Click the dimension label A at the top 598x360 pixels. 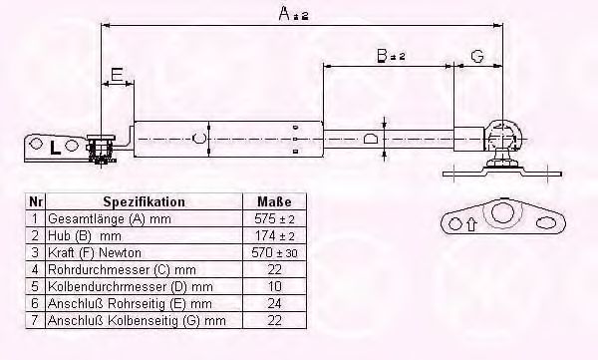(285, 13)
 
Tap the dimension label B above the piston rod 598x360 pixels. (382, 56)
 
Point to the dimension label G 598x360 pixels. (477, 56)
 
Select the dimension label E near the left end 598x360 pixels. (117, 74)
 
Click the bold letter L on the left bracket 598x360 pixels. (55, 148)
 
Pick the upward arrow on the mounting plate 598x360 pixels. (471, 224)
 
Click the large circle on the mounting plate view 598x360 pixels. (501, 212)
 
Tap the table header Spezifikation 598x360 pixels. (144, 201)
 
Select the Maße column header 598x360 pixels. (274, 201)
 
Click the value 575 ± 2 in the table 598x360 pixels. (274, 219)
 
